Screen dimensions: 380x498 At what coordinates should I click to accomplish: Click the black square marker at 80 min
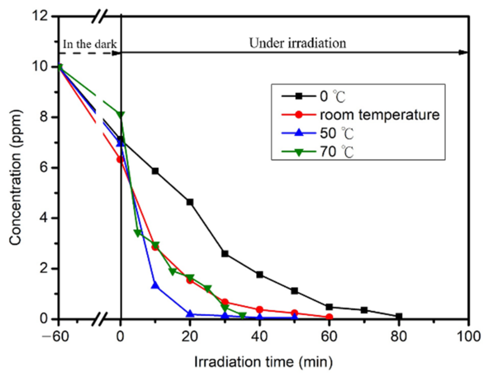399,316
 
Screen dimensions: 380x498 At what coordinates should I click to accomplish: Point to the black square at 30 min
225,254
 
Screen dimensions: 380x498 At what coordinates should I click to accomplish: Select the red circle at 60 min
329,317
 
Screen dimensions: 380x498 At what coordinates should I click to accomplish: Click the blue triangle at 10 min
155,285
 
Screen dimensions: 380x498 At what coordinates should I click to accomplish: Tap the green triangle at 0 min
121,115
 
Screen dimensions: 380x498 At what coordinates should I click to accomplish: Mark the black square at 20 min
190,202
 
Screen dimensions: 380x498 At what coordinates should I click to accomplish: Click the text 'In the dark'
89,44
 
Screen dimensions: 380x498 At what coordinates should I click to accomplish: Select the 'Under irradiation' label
297,43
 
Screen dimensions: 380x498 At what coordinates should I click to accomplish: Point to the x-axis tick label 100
468,336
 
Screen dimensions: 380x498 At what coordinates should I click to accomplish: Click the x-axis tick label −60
56,336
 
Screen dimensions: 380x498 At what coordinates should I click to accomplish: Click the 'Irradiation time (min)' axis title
263,362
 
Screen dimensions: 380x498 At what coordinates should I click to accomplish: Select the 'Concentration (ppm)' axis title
16,177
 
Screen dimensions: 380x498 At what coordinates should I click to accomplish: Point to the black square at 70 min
364,310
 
